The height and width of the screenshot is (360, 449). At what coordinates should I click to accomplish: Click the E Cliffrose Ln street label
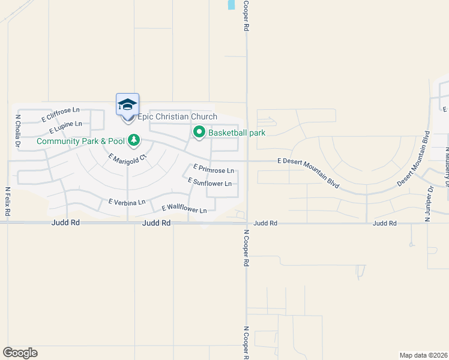(61, 115)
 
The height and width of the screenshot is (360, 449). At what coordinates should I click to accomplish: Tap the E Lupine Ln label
(65, 127)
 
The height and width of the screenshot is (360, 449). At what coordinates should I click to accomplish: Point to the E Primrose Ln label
(213, 170)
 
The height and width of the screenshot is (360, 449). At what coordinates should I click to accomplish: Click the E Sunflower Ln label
(209, 182)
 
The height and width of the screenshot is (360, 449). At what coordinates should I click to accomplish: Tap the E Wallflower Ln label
(184, 209)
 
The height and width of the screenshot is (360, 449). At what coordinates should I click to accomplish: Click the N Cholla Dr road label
(18, 131)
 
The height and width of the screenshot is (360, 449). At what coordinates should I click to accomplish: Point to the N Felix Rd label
(8, 202)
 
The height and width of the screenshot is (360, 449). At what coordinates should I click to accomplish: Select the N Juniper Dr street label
(429, 203)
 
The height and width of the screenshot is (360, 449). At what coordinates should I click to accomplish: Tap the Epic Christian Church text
(177, 117)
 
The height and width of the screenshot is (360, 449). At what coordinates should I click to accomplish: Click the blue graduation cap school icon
(127, 104)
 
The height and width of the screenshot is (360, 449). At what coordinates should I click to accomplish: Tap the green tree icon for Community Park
(133, 142)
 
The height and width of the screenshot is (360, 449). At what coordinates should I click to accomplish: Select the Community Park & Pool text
(80, 142)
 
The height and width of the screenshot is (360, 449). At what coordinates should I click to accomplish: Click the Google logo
(20, 353)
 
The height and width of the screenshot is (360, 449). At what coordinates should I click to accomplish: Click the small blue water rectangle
(231, 5)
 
